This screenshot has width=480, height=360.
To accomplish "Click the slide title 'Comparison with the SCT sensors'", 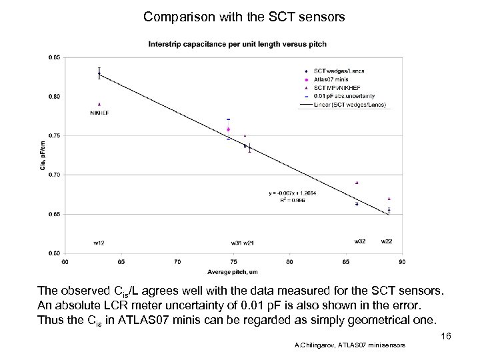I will click(244, 16).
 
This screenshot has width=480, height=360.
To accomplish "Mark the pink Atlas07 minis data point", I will click(228, 129).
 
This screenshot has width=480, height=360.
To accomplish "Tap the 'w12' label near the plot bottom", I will click(99, 241).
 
